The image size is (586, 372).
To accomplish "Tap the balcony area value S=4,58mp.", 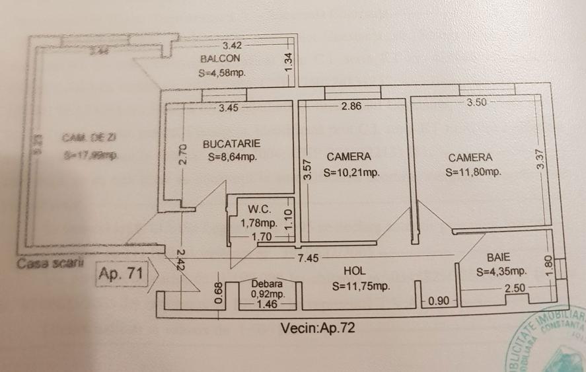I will pos(222,73).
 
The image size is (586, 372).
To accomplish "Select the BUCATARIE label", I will pos(231,143).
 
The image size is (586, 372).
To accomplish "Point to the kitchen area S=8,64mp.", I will pos(231,157).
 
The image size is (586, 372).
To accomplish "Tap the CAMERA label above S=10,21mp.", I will pos(348,157).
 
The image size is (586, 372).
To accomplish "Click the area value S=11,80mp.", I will pos(473,172).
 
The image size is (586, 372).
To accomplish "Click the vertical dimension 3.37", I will pos(540,162).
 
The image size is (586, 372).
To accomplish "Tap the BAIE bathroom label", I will pos(499,256).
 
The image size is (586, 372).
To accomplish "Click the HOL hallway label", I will pos(355,271).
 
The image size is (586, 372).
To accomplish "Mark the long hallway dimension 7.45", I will pos(308,258).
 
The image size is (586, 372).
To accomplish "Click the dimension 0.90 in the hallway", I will pos(439,302).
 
